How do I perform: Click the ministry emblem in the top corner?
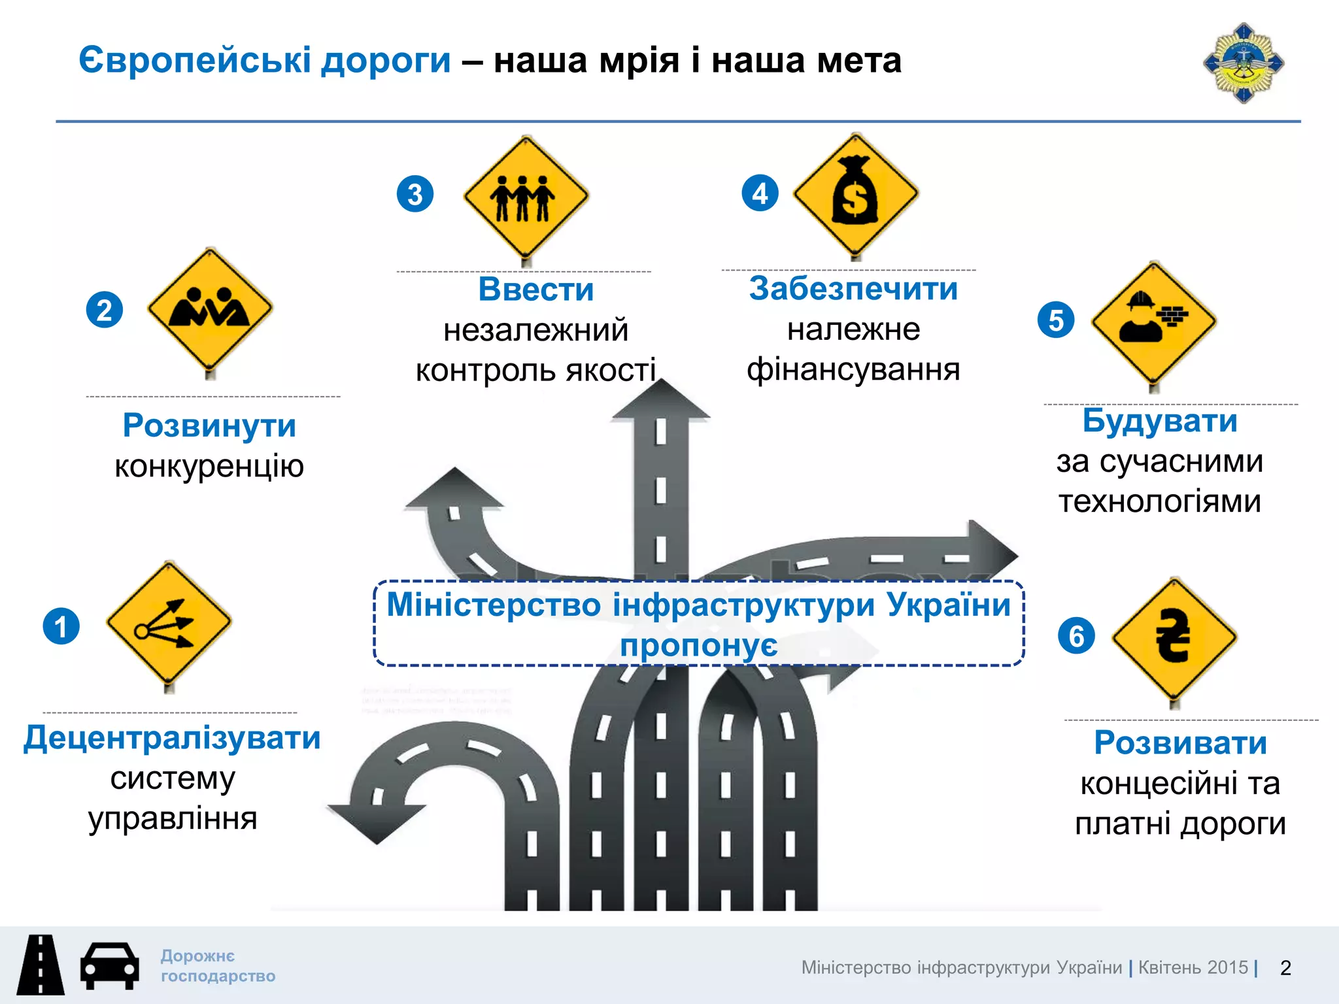click(1244, 63)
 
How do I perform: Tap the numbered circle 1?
click(61, 626)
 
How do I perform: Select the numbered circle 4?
click(760, 193)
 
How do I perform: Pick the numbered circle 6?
click(1076, 635)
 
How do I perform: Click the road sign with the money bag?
click(855, 194)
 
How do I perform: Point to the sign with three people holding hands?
click(526, 196)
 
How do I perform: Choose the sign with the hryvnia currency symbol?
click(1174, 637)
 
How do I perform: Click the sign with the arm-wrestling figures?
click(210, 309)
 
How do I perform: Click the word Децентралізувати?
click(172, 738)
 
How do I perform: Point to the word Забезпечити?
click(853, 288)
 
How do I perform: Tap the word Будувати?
click(1160, 420)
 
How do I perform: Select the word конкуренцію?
click(209, 467)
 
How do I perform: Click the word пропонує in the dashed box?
click(698, 646)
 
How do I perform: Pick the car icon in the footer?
click(109, 965)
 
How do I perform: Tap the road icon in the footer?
click(41, 965)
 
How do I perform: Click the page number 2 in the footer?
click(1285, 967)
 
